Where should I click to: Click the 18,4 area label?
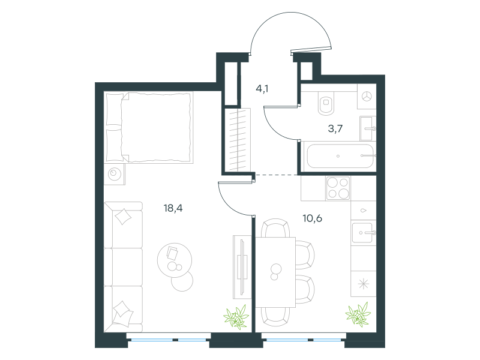[x=173, y=208]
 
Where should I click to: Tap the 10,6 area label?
[x=312, y=218]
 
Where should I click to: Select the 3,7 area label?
[x=335, y=128]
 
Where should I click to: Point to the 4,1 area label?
[x=262, y=89]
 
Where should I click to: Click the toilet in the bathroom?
[x=326, y=103]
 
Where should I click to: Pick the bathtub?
[x=340, y=156]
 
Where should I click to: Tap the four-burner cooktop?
[x=338, y=188]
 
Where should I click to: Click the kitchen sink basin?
[x=362, y=233]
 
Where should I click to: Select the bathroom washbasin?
[x=367, y=128]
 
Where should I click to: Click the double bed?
[x=149, y=127]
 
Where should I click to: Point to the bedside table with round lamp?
[x=115, y=174]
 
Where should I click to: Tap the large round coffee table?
[x=175, y=260]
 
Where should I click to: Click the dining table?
[x=275, y=272]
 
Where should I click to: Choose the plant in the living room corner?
[x=236, y=317]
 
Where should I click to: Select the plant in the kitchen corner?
[x=358, y=314]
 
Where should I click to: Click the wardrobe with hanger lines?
[x=238, y=140]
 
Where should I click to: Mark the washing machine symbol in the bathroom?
[x=367, y=96]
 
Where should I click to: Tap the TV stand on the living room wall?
[x=242, y=267]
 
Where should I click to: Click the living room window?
[x=169, y=340]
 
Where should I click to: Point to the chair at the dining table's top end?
[x=275, y=228]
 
